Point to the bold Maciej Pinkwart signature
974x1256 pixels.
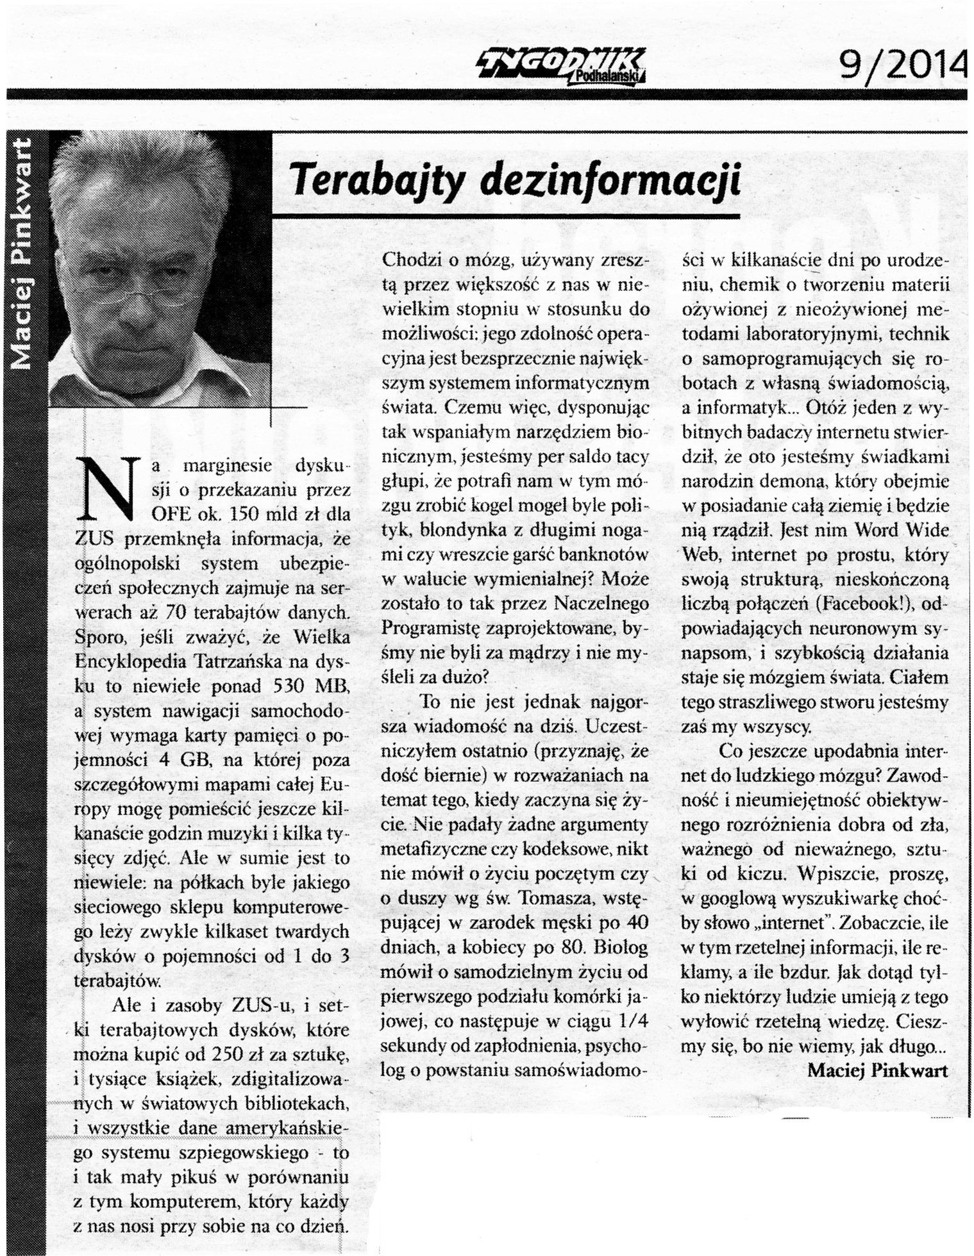877,1071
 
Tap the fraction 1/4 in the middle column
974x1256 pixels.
631,1021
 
